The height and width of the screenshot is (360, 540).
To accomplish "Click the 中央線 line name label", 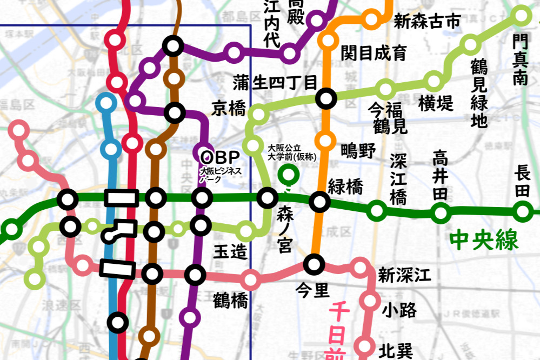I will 484,239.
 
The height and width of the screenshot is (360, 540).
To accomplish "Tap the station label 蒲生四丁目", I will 275,83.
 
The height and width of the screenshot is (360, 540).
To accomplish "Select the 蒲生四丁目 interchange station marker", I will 326,98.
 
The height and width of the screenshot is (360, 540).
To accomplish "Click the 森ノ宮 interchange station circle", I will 267,198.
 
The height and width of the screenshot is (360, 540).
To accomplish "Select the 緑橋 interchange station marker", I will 319,202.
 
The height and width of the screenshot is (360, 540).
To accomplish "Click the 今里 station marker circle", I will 314,264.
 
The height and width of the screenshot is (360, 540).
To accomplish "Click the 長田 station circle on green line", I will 522,211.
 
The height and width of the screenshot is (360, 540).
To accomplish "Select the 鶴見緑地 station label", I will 478,93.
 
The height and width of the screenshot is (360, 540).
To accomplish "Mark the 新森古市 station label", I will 427,22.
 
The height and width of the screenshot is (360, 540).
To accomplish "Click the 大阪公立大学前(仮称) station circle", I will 289,174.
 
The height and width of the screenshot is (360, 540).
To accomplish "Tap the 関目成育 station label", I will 374,54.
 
